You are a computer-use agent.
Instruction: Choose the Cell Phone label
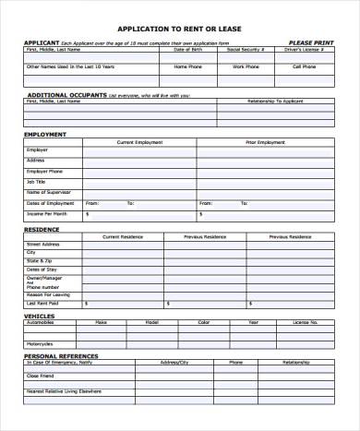click(305, 66)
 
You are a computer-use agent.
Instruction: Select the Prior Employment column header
click(265, 142)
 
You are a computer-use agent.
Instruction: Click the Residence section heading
click(42, 227)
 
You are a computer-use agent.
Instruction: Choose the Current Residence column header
click(125, 235)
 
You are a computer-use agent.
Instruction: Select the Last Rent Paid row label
click(43, 303)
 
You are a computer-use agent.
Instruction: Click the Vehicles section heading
click(40, 316)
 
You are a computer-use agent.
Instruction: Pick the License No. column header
click(305, 323)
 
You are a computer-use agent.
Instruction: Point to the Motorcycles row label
click(42, 345)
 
